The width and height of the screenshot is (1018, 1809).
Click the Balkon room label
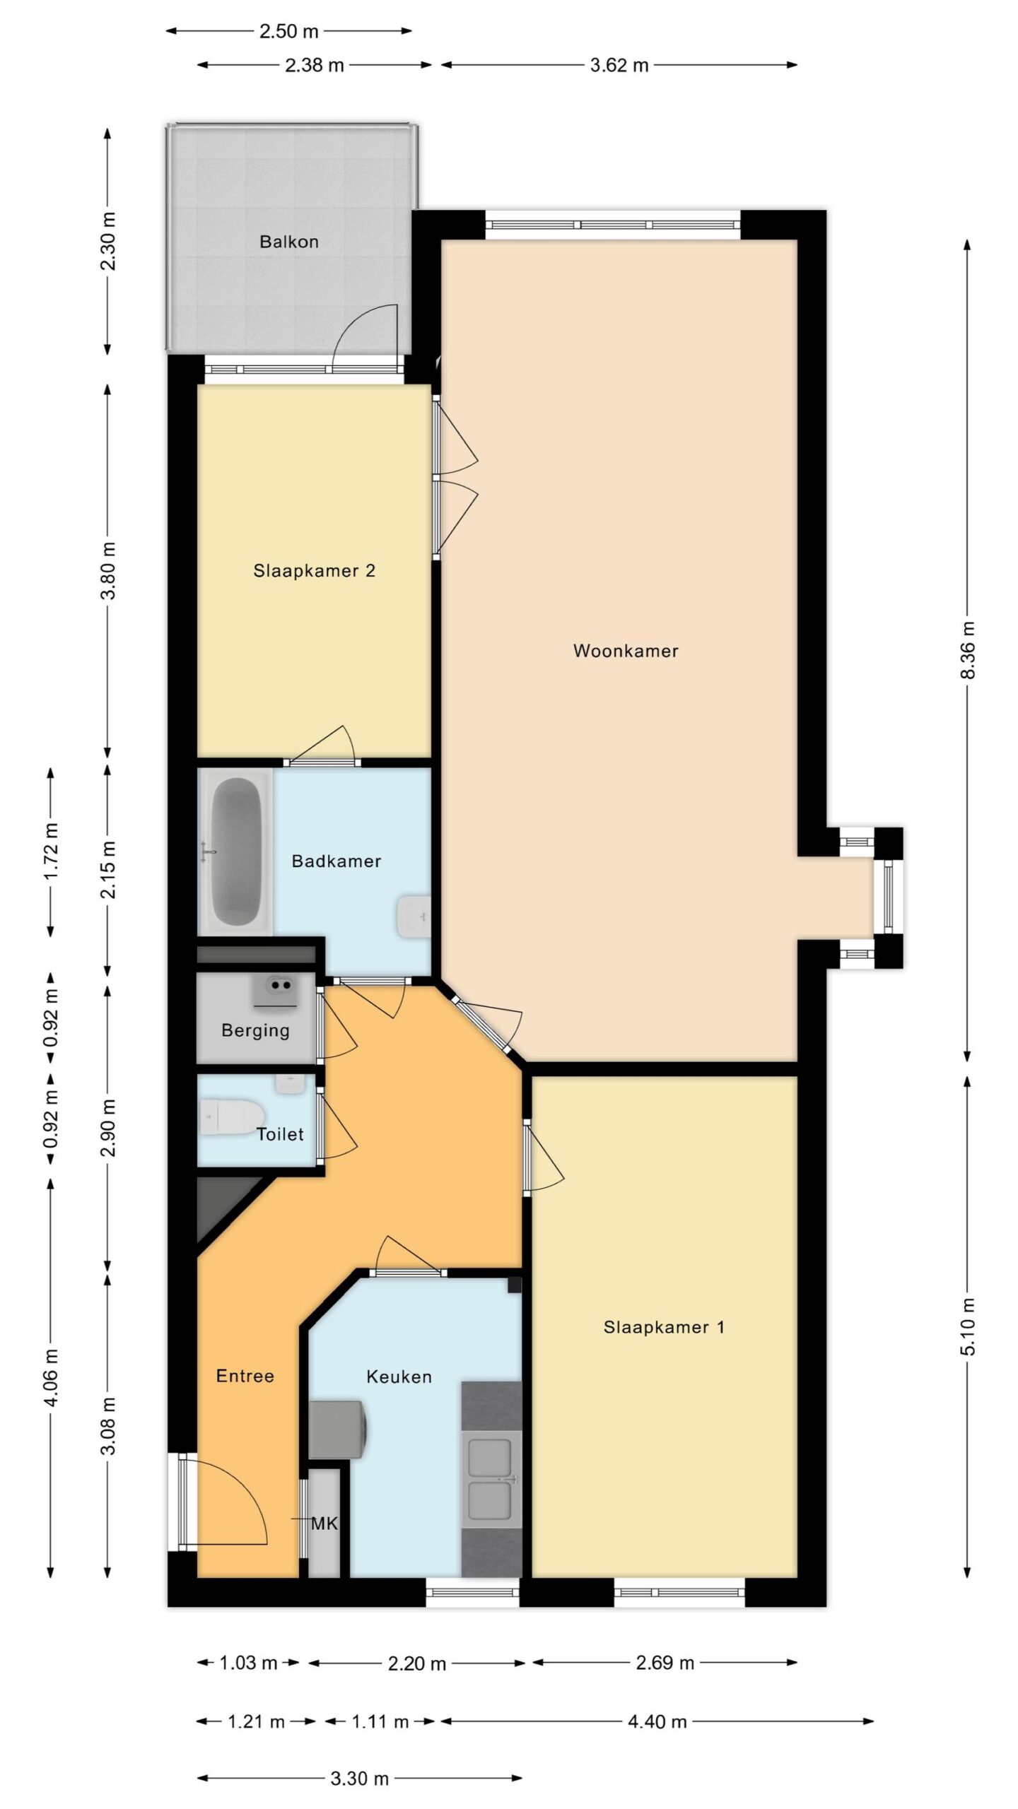tap(288, 242)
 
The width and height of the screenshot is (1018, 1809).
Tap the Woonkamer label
tap(626, 651)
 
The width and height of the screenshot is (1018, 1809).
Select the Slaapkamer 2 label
tap(314, 570)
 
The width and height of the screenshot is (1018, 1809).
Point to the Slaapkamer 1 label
tap(664, 1327)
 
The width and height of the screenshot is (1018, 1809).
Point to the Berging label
tap(255, 1031)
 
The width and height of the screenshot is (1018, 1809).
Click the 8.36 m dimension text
tap(967, 649)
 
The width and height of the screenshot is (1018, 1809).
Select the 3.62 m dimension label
tap(619, 66)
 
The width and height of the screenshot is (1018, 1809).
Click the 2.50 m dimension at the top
tap(288, 32)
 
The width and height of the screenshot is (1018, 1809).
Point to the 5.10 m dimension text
tap(967, 1326)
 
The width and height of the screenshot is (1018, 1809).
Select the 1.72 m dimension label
tap(51, 852)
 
